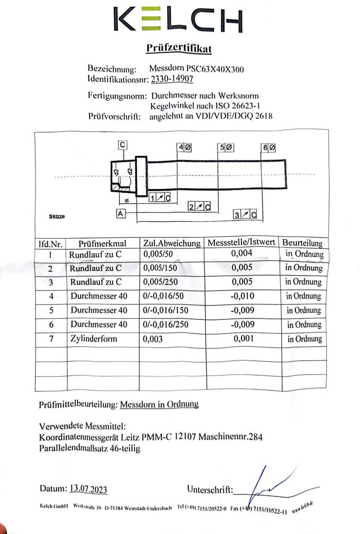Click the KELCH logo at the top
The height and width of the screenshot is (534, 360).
point(178,20)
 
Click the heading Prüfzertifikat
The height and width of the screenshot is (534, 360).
point(178,49)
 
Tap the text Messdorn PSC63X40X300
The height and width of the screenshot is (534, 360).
point(197,69)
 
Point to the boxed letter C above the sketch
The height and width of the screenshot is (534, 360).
point(123,144)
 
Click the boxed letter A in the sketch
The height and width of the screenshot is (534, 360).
point(120,214)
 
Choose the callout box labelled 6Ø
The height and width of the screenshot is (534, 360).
point(269,147)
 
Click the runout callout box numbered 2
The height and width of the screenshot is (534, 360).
point(200,207)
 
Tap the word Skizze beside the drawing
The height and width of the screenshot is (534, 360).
point(57,217)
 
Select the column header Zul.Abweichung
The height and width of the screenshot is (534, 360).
point(172,243)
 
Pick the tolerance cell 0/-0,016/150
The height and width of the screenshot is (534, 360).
point(166,310)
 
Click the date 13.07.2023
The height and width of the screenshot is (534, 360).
point(88,489)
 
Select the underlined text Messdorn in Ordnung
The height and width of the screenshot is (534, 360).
point(159,404)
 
